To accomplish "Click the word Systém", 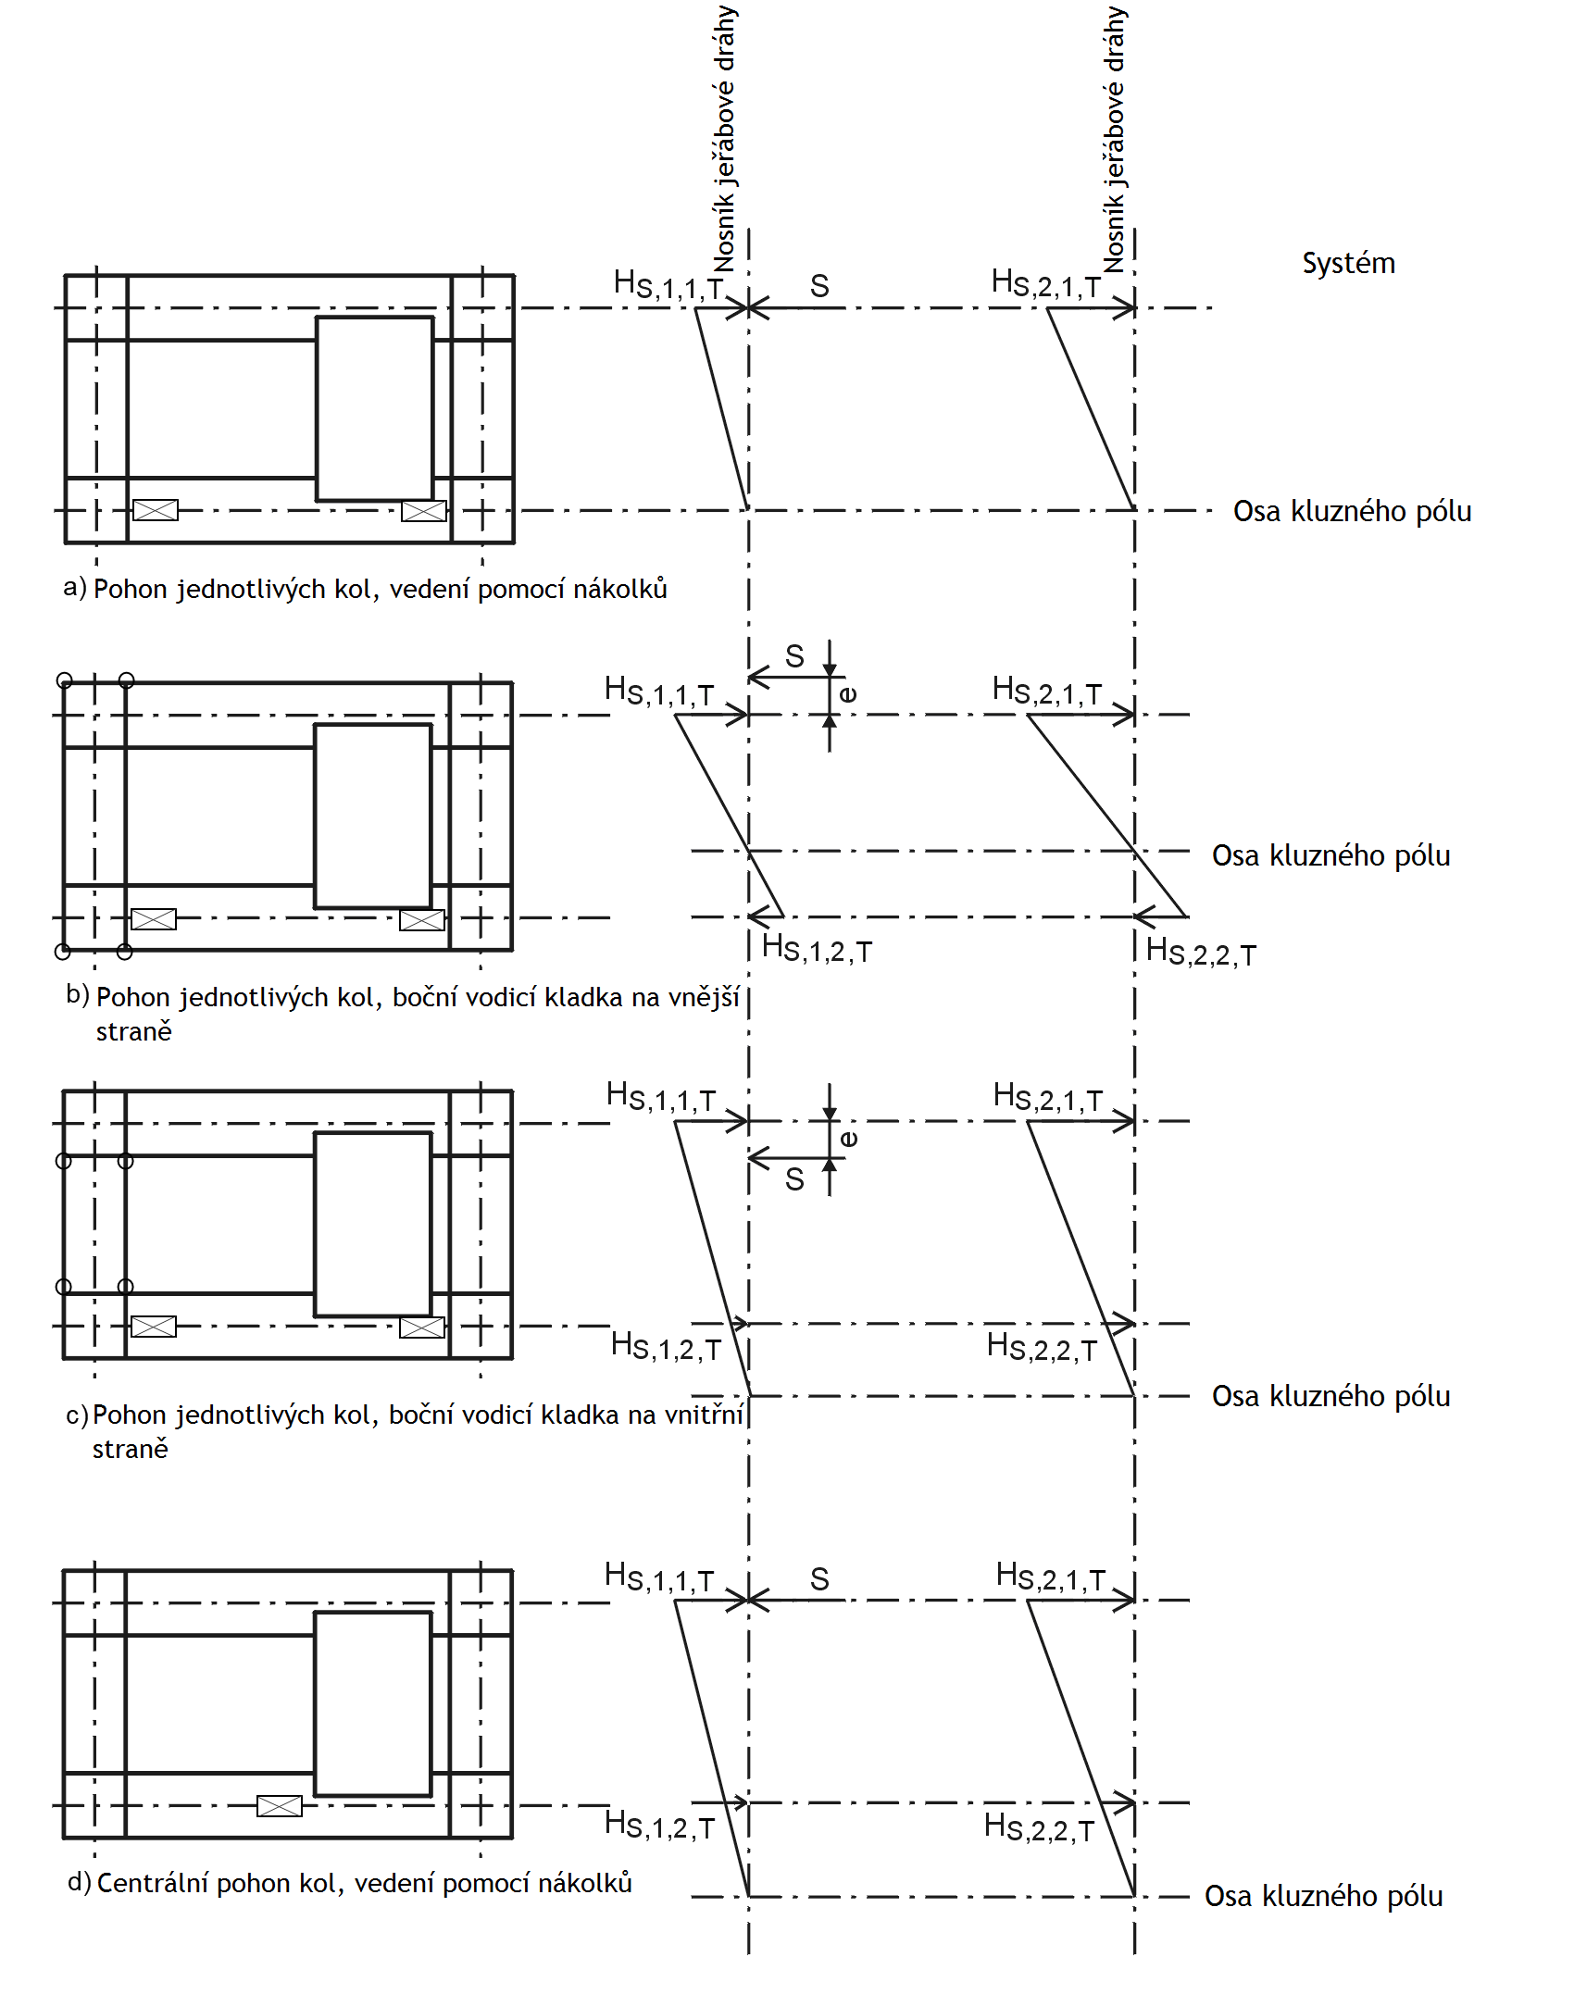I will (x=1348, y=264).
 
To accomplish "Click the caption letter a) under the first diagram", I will (x=74, y=587).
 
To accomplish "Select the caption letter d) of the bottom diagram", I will (x=79, y=1882).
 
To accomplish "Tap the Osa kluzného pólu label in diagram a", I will (x=1352, y=511).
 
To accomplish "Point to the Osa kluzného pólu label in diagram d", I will (x=1323, y=1896).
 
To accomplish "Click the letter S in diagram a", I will (x=819, y=286).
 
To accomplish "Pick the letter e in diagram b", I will (x=847, y=693).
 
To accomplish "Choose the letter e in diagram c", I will (x=848, y=1138).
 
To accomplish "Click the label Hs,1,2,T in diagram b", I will (x=817, y=949).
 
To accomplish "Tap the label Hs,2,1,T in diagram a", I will (x=1045, y=283).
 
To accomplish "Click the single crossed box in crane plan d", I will (x=279, y=1805).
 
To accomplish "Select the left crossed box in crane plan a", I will (x=155, y=509).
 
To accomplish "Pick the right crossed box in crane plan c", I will (x=421, y=1328).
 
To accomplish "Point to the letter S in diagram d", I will (x=819, y=1579).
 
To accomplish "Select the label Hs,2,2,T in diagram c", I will (x=1042, y=1347).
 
